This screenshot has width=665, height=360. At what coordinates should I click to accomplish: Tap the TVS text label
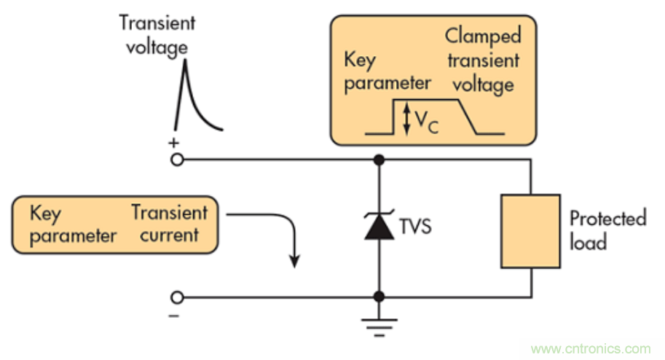tap(415, 227)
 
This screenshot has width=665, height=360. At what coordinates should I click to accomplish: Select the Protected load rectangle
tap(530, 231)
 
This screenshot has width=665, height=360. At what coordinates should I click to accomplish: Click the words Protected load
tap(607, 230)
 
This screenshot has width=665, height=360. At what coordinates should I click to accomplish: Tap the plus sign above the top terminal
tap(173, 144)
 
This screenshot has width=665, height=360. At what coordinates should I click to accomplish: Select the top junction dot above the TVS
tap(378, 159)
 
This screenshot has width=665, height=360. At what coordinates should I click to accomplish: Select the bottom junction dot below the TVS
tap(378, 297)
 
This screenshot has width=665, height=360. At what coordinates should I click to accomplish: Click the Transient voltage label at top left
tap(157, 34)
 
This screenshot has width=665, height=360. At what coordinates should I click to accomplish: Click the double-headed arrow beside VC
tap(406, 118)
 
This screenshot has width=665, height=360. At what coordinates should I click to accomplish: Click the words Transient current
tap(169, 224)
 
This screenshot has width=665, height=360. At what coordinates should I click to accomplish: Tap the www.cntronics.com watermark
tap(591, 349)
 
